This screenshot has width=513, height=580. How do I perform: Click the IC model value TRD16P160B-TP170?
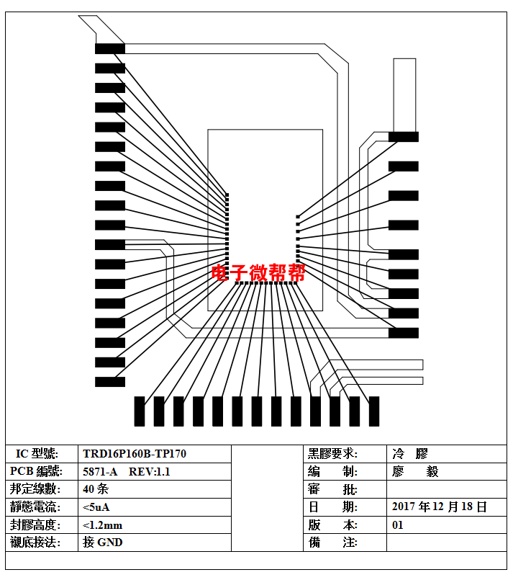point(135,453)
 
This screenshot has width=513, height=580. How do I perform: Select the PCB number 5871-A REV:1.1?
point(127,472)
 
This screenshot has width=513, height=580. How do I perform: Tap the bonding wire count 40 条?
point(96,489)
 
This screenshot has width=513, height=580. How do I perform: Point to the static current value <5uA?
point(96,507)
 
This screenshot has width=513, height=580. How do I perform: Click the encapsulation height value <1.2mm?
point(102,525)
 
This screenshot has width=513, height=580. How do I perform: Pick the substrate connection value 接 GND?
point(102,543)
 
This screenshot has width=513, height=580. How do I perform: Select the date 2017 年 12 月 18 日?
point(439,507)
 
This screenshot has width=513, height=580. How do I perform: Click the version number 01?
point(397,525)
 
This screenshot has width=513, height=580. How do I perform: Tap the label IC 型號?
point(37,453)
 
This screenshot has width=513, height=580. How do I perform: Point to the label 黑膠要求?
point(332,453)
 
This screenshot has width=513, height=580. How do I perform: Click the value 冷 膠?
point(410,453)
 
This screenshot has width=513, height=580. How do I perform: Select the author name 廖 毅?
point(415,472)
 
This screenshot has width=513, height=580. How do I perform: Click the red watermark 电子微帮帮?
point(258,272)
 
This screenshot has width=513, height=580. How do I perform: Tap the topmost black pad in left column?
point(110,49)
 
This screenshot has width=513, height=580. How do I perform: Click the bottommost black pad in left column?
point(110,382)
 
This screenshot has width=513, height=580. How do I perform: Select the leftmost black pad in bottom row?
point(140,411)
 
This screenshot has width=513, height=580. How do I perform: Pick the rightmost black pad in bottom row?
point(374,411)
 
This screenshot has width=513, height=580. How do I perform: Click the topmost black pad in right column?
point(404,137)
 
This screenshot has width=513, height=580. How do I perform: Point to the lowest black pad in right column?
point(404,333)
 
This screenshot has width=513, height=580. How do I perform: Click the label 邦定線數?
point(35,489)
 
